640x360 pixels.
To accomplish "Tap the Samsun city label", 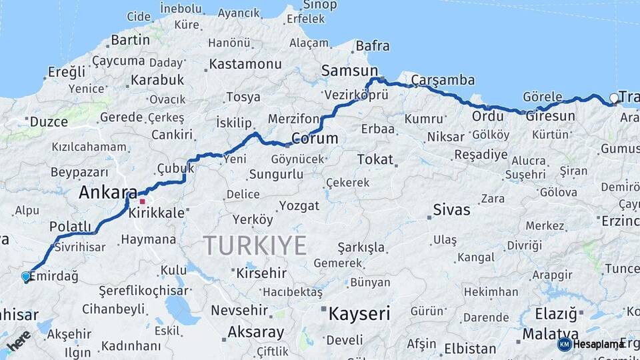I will tap(349, 71).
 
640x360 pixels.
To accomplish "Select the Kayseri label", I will tap(359, 313).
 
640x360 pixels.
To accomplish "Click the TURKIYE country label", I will tap(255, 245).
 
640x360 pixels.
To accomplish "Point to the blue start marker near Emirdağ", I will tap(26, 276).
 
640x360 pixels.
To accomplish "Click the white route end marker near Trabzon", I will tap(614, 99).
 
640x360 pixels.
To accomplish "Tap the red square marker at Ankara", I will tap(142, 200).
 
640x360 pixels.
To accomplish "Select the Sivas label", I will tap(451, 209).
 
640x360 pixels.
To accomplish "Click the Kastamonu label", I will tap(245, 64).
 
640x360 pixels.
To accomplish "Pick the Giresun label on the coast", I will tap(550, 116).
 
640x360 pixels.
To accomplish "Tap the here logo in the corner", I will tap(19, 340).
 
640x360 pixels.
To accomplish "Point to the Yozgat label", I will tap(299, 205).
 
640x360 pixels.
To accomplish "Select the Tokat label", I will tap(375, 159).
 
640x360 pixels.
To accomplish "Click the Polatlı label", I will tap(70, 227).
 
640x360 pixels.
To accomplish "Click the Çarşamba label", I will tap(443, 80).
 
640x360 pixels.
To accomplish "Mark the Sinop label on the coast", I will tap(319, 5).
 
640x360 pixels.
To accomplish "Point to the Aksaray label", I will tap(256, 331).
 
